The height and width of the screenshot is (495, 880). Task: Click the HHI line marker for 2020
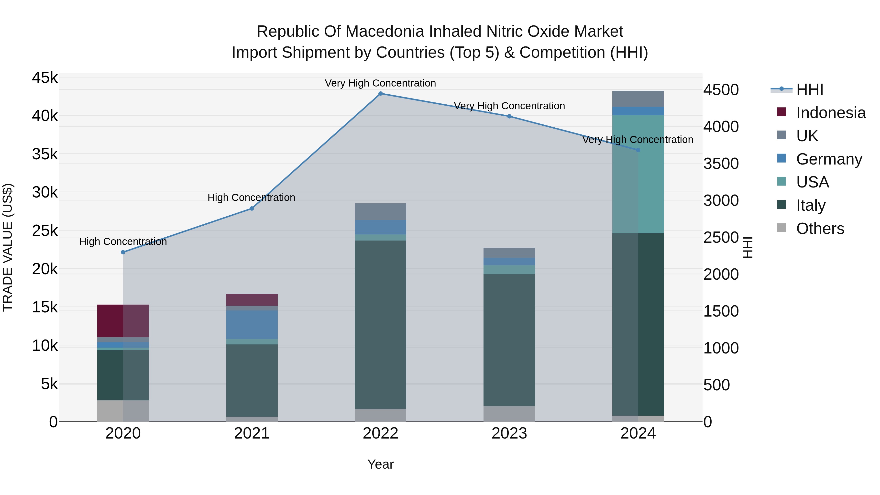[x=123, y=252]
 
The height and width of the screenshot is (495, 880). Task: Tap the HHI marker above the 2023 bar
[x=509, y=116]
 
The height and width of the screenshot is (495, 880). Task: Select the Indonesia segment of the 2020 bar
[x=123, y=320]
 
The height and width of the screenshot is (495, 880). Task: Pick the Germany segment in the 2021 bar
[x=252, y=325]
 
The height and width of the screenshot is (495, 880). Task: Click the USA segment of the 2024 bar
[x=638, y=174]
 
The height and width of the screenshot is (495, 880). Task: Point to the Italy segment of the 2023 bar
[x=509, y=340]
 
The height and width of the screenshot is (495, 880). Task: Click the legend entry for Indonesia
[x=830, y=113]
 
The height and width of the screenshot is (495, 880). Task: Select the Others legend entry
[x=820, y=229]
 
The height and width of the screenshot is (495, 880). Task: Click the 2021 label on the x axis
[x=252, y=433]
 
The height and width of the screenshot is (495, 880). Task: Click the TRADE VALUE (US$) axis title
[x=8, y=247]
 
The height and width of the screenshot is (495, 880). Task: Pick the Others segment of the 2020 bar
[x=123, y=411]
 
